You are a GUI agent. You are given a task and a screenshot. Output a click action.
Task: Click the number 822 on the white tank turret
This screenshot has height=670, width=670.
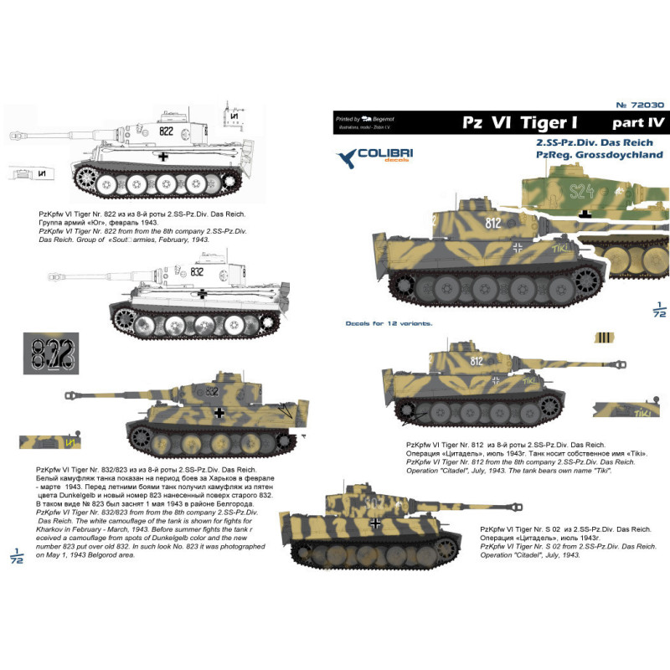coord(167,131)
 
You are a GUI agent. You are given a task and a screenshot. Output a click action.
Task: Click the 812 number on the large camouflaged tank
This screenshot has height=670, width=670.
coord(492,224)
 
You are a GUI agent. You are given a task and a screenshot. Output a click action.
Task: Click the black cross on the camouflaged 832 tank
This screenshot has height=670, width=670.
coord(219,412)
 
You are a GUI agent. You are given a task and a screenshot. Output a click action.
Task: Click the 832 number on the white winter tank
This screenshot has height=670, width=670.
coord(198,271)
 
